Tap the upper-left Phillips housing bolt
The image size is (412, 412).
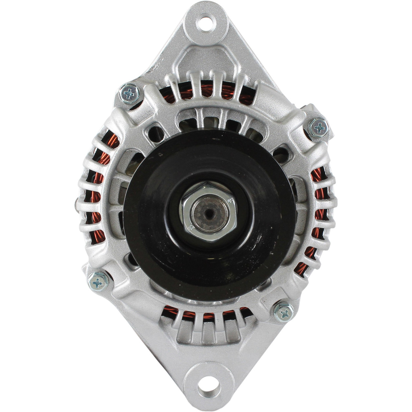click(129, 93)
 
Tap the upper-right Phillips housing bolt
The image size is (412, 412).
click(318, 128)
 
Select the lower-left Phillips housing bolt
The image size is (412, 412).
click(98, 282)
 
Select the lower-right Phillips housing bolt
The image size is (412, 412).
click(284, 312)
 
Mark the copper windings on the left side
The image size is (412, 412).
click(97, 193)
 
